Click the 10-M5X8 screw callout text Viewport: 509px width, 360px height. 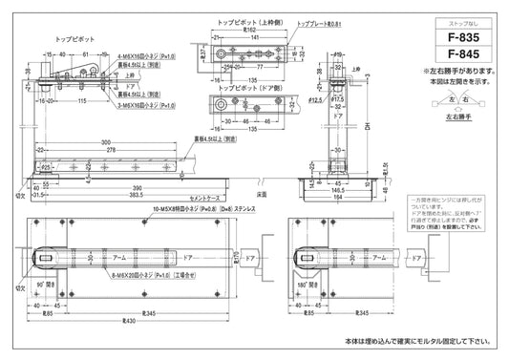181,206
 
